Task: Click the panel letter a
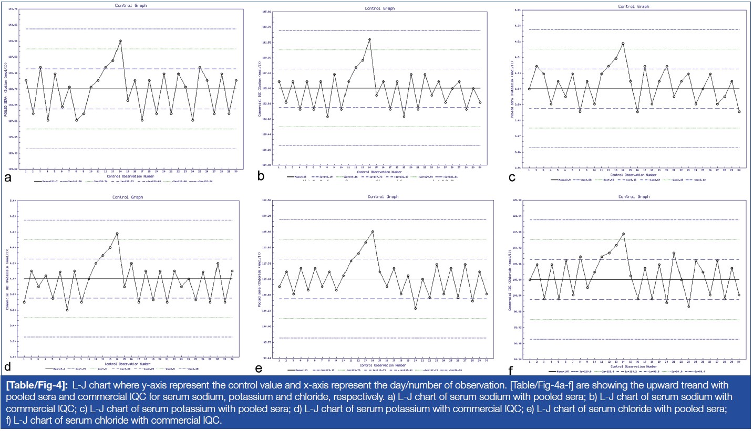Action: pos(8,177)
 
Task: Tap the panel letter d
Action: pos(8,366)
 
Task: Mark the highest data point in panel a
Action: pos(120,40)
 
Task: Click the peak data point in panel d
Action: pos(117,233)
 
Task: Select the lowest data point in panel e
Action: pos(415,309)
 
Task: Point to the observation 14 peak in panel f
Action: pos(623,234)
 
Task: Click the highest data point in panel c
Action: pos(623,44)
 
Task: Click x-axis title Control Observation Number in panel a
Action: pos(131,176)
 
